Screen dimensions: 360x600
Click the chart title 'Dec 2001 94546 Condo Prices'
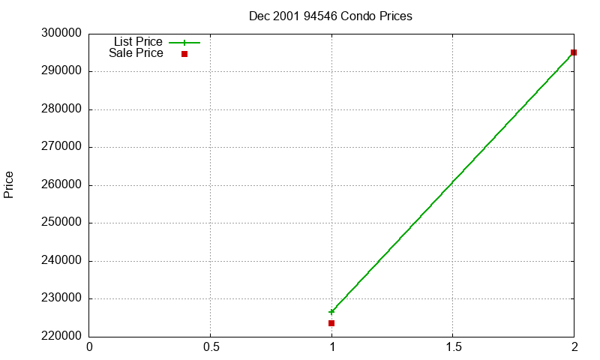(330, 16)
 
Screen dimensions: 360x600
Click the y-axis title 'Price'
(9, 184)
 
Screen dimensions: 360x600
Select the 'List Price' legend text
(138, 42)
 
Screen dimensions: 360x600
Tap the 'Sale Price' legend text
(136, 53)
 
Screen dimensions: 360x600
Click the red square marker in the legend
(184, 54)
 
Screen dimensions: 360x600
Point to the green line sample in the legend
(184, 43)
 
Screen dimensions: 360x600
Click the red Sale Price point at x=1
(331, 323)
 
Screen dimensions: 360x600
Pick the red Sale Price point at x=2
(574, 52)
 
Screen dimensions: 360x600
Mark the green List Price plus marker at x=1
(331, 312)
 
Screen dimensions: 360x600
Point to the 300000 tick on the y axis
(61, 34)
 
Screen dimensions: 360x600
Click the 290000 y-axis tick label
(61, 71)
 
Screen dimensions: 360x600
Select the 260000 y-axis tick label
(61, 185)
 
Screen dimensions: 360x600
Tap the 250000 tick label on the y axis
(61, 223)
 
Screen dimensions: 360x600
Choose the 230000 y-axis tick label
(61, 298)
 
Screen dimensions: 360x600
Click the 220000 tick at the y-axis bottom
(61, 336)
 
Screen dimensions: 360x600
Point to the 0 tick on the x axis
(90, 347)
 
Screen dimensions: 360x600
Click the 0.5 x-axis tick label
(211, 347)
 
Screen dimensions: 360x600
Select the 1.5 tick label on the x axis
(453, 347)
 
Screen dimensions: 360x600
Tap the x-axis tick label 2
(574, 347)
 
